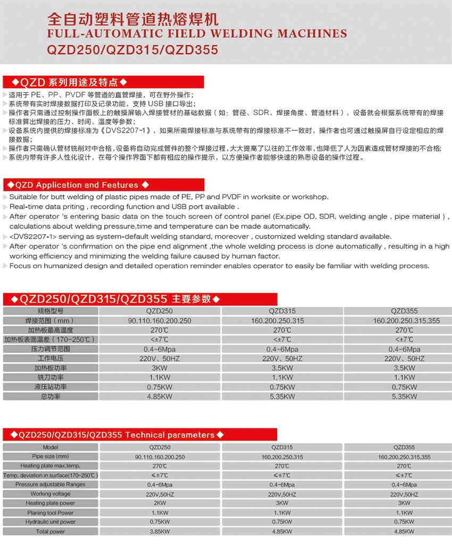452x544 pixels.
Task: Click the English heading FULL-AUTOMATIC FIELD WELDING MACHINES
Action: point(197,34)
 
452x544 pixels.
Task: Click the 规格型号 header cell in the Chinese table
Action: point(51,311)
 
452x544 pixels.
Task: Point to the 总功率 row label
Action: point(51,397)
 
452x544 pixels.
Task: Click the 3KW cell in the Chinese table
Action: point(160,368)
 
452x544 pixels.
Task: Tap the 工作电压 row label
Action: point(51,358)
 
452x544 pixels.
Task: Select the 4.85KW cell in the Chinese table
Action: point(160,397)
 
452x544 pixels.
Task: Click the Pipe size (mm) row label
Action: point(51,457)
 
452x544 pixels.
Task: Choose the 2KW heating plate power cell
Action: point(160,503)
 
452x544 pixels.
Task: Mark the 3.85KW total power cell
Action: point(160,531)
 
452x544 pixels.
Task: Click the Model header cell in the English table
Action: point(51,448)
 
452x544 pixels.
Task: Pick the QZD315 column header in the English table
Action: point(282,448)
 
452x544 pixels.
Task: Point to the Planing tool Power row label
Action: point(51,513)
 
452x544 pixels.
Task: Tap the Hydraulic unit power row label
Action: point(51,522)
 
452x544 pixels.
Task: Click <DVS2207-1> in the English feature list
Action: point(31,236)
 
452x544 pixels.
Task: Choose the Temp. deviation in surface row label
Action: point(51,475)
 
